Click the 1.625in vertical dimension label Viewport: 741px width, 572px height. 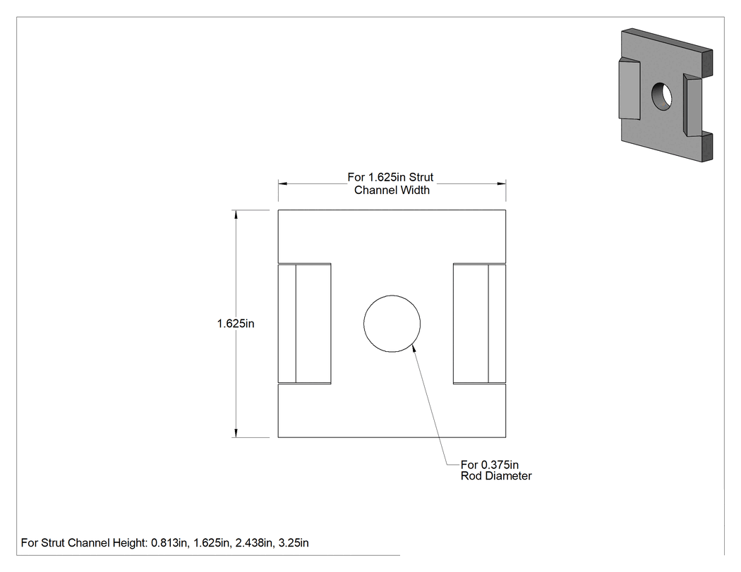235,324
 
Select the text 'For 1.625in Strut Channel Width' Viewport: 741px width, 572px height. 391,184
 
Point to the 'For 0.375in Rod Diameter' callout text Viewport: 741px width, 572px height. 495,470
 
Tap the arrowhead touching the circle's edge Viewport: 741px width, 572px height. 414,348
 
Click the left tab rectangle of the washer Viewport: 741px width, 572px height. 304,324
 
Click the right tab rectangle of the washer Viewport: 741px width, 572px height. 479,324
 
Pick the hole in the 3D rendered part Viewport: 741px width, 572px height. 662,97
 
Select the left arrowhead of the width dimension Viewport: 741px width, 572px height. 282,184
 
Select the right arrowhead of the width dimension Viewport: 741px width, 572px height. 501,184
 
